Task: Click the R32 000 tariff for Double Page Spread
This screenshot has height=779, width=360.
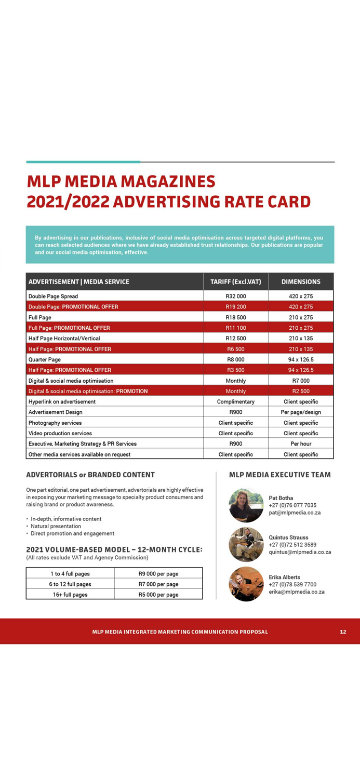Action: point(235,296)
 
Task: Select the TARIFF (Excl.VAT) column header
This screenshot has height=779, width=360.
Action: point(235,281)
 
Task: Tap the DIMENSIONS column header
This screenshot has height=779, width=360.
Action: point(301,281)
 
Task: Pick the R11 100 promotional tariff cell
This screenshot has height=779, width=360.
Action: point(235,328)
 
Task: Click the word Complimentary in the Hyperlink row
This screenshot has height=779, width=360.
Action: point(235,401)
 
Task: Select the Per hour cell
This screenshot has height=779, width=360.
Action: point(301,444)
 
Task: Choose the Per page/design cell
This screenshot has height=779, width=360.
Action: point(301,412)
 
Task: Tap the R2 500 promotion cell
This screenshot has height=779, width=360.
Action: point(301,391)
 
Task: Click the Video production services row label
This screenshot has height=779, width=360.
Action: point(60,433)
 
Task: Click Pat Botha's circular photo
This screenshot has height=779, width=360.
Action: point(246,505)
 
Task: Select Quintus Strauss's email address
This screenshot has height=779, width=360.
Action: point(300,552)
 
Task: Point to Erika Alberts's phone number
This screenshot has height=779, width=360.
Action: point(292,584)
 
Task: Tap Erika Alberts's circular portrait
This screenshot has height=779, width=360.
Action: point(246,584)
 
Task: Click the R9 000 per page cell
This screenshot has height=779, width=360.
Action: point(158,574)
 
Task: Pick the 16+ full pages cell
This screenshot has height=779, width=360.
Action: point(70,595)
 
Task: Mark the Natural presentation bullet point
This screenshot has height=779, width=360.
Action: point(57,526)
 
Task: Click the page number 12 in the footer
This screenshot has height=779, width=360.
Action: point(343,632)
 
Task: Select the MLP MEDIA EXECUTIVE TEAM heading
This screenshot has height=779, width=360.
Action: point(279,475)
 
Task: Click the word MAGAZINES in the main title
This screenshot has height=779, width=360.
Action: point(168,181)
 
